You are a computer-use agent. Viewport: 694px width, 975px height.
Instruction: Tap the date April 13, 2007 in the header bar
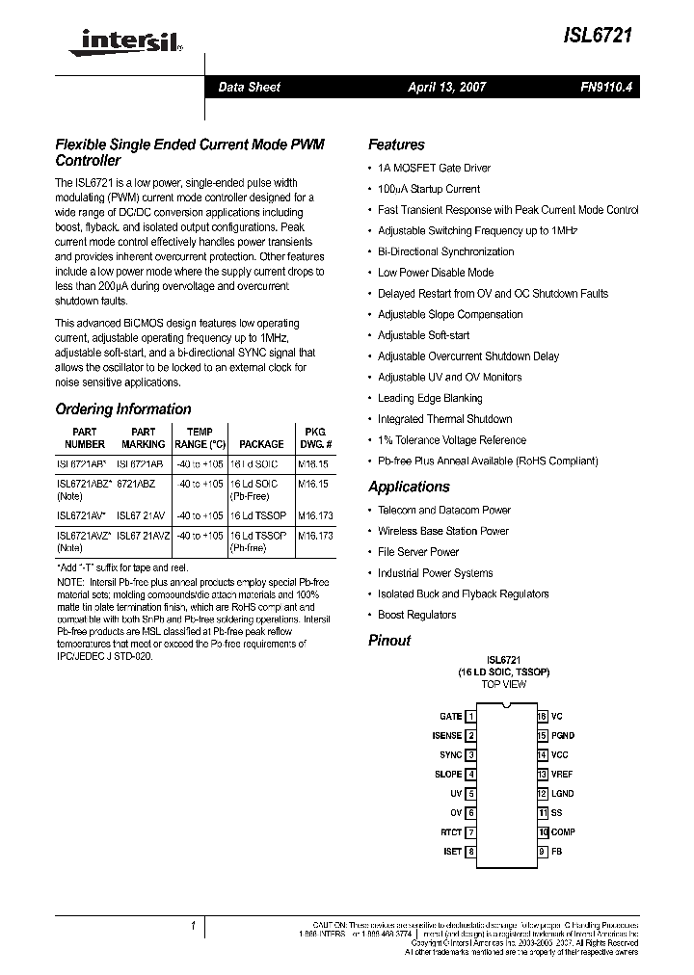point(446,88)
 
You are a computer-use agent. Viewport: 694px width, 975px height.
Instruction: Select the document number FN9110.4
point(605,88)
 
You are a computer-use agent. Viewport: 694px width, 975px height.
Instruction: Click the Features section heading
point(396,145)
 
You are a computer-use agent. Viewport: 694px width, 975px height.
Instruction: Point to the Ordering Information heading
point(123,409)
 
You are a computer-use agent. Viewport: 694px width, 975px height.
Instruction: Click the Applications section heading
point(409,487)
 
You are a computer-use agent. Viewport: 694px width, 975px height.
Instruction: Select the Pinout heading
point(389,641)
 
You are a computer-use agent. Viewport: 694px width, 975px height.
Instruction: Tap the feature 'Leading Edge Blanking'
point(430,398)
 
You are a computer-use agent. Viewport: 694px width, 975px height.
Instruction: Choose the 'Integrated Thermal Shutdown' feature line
point(444,419)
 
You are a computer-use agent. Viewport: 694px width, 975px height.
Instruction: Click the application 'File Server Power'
point(418,552)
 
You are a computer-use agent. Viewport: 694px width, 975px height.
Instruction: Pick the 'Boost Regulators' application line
point(416,615)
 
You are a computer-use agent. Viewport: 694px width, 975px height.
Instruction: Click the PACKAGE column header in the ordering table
point(261,444)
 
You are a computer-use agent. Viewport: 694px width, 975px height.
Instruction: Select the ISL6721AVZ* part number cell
point(85,535)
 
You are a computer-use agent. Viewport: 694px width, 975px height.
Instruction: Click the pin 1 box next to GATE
point(471,717)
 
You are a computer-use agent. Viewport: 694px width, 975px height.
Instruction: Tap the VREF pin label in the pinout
point(562,775)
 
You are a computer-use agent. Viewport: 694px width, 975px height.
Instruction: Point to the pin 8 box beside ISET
point(471,852)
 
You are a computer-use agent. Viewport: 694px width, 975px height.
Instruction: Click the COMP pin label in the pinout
point(563,832)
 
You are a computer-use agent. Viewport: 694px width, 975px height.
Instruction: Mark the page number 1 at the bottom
point(194,926)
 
